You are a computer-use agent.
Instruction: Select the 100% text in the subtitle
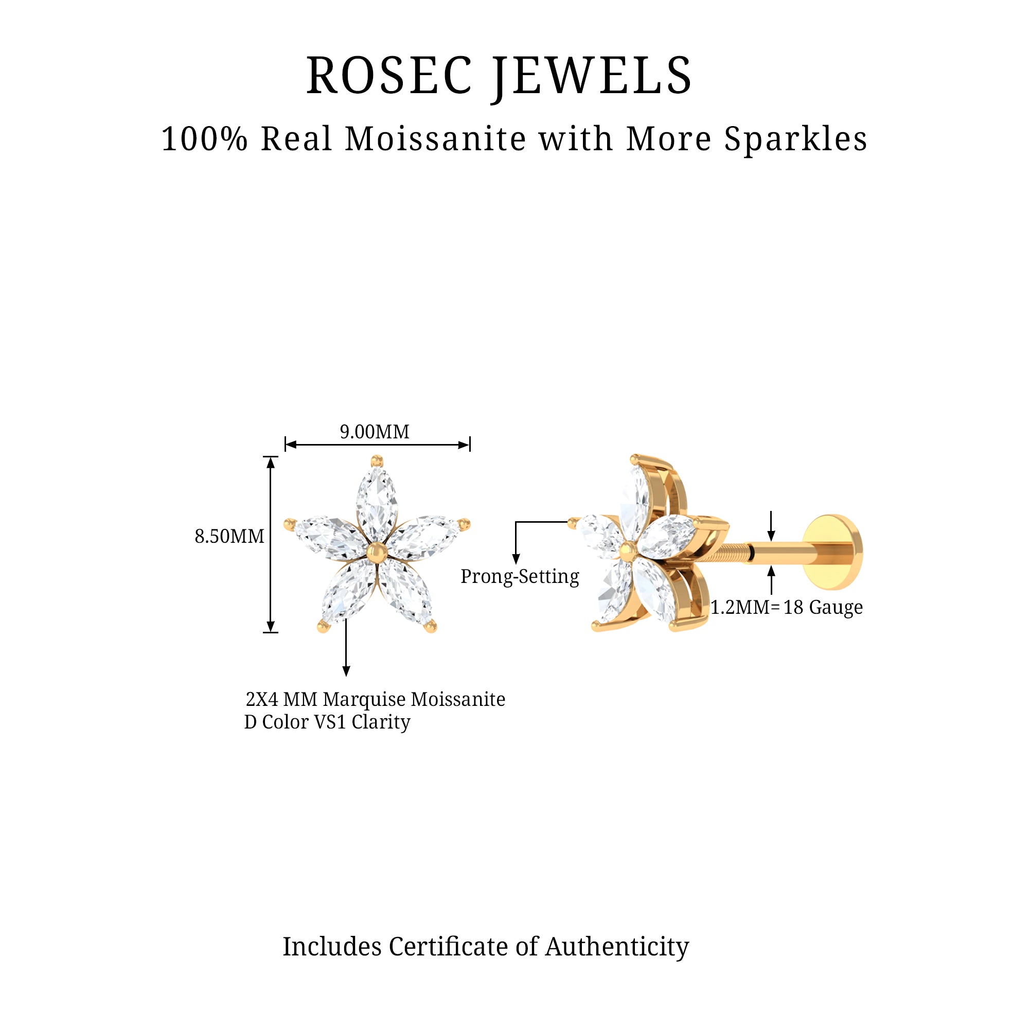[x=205, y=139]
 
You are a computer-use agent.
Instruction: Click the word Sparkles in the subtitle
[x=796, y=139]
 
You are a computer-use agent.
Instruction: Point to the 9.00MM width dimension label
[x=375, y=432]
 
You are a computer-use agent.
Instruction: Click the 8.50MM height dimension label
[x=229, y=536]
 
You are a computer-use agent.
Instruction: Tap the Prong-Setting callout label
[x=520, y=576]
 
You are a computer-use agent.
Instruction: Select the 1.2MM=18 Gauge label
[x=787, y=607]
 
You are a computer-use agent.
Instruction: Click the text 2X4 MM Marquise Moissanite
[x=376, y=699]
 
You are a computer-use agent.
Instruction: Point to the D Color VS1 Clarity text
[x=327, y=722]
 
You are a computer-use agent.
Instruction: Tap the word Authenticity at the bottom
[x=617, y=947]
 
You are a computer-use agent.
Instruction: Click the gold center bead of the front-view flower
[x=377, y=552]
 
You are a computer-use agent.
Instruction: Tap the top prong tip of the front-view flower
[x=377, y=460]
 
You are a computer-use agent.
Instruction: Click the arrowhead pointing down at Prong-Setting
[x=516, y=559]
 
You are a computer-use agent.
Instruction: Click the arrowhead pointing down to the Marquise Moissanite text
[x=346, y=671]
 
